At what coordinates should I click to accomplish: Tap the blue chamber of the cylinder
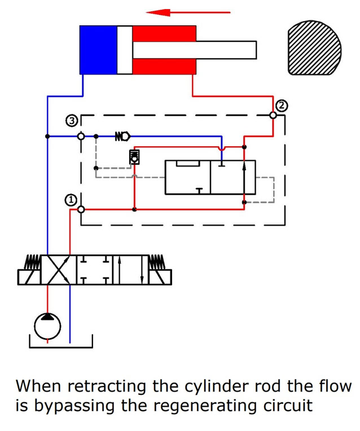(98, 50)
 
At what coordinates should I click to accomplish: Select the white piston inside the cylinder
(125, 50)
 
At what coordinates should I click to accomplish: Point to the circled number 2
(282, 105)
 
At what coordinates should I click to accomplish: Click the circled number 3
(72, 120)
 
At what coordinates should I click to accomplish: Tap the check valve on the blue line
(122, 136)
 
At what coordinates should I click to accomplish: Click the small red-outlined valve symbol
(134, 157)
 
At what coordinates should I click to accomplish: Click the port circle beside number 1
(81, 209)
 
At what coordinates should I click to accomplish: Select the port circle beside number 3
(81, 136)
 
